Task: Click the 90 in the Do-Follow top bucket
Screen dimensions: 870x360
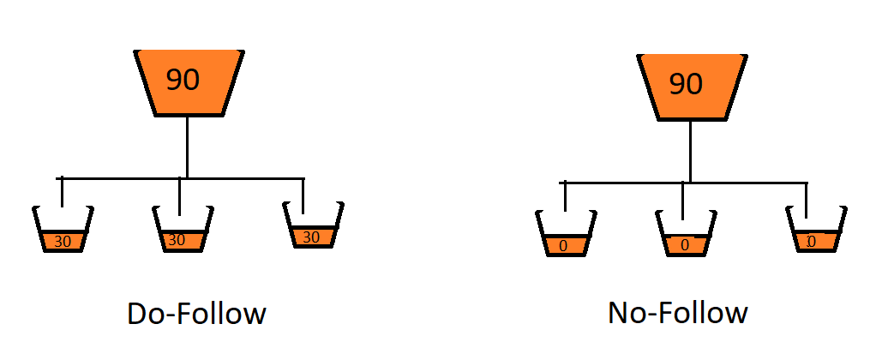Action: (183, 80)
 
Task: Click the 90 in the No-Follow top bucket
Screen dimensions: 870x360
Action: (685, 83)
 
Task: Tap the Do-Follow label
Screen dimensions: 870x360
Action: (196, 314)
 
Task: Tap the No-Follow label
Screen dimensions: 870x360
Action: (677, 314)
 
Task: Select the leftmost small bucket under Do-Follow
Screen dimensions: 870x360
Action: (62, 230)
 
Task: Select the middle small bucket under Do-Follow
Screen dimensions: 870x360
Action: (181, 230)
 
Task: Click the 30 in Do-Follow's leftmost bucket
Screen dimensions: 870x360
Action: (62, 242)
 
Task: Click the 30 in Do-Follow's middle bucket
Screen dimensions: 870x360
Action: (177, 240)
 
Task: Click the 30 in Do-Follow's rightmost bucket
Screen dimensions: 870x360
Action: (312, 237)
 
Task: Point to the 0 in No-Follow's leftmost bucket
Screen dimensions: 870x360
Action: (563, 246)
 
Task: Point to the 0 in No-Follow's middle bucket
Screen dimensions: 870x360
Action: (683, 246)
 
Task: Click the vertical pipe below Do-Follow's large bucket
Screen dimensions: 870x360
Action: (187, 147)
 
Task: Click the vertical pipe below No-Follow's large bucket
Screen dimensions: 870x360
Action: (690, 150)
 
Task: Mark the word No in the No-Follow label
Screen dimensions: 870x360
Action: (624, 314)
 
